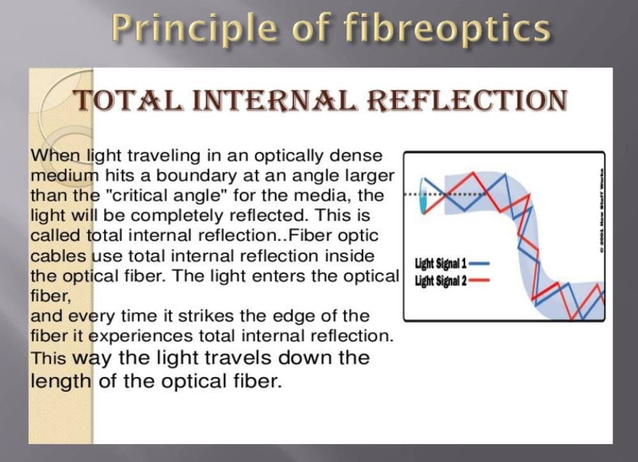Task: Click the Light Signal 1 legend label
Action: [x=440, y=263]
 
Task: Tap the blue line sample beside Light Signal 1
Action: [x=479, y=263]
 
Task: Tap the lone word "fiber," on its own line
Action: [x=48, y=295]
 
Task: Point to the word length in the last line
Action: [x=61, y=381]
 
